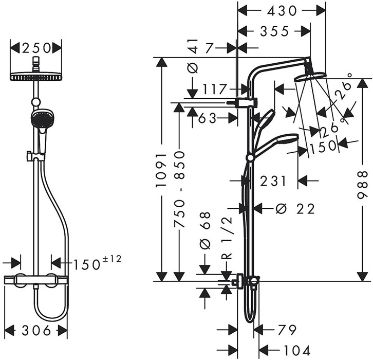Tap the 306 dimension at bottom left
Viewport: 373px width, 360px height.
click(x=35, y=331)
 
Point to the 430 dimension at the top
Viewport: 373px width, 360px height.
click(x=282, y=10)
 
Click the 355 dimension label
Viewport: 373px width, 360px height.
click(x=274, y=31)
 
